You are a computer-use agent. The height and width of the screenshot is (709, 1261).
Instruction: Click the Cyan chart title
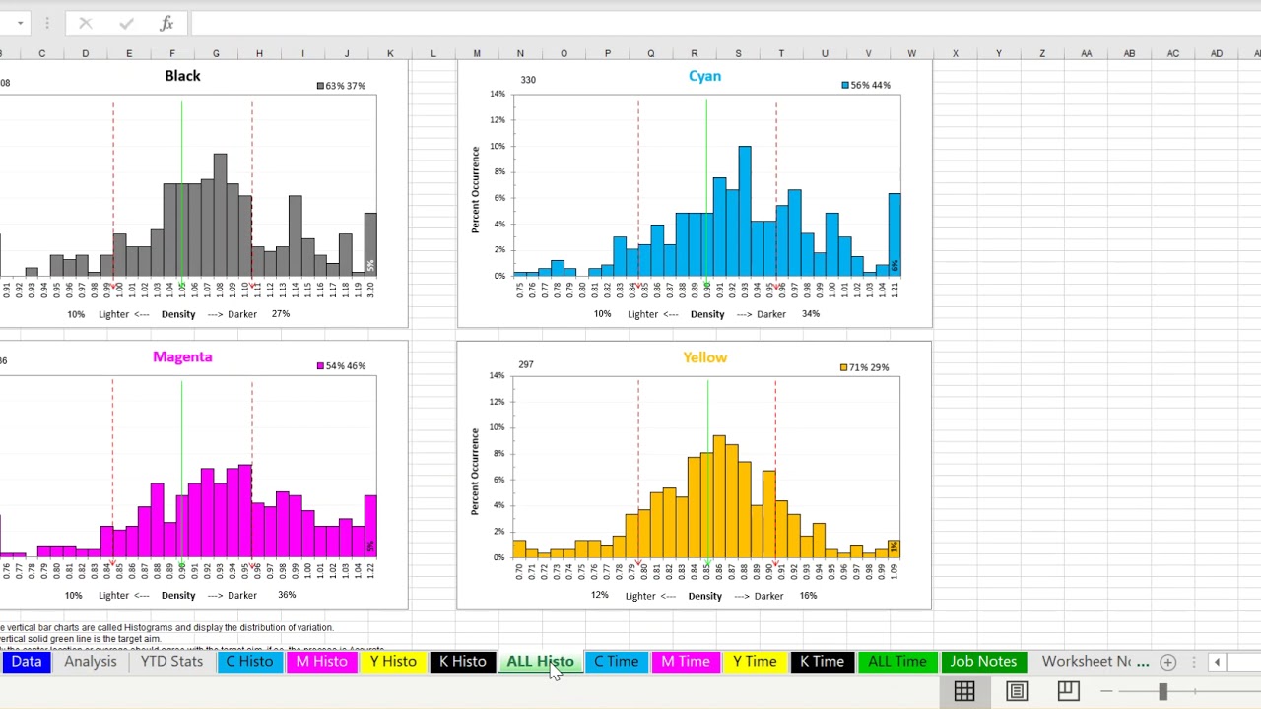click(704, 76)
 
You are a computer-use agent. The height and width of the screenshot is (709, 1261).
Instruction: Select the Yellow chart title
click(704, 357)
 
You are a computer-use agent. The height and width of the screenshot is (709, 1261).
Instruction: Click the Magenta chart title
click(182, 357)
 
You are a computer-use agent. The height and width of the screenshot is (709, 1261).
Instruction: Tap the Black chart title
click(182, 76)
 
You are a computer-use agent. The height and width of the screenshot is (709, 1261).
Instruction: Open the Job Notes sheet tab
click(982, 662)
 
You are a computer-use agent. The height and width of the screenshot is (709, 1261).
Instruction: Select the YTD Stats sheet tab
click(171, 662)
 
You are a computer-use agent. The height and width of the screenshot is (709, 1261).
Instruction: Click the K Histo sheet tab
click(462, 662)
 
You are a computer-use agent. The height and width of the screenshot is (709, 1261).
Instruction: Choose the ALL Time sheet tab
click(896, 662)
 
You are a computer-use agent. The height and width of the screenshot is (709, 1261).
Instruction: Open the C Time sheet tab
click(616, 662)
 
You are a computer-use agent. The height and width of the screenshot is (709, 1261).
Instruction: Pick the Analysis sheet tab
click(91, 662)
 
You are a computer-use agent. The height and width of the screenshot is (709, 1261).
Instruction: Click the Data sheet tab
click(27, 662)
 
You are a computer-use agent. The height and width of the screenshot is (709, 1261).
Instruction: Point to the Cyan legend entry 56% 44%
click(866, 86)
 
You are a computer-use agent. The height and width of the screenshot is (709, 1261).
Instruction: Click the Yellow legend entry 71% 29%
click(864, 367)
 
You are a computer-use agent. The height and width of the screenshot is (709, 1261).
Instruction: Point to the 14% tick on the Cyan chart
click(498, 94)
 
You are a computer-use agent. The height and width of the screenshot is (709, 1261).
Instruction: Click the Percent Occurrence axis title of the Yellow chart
click(475, 471)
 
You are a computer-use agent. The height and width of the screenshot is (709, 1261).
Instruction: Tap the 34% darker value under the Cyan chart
click(810, 314)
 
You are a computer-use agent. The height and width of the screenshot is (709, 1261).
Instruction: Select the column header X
click(955, 53)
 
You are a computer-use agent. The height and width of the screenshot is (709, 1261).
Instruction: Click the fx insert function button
click(166, 23)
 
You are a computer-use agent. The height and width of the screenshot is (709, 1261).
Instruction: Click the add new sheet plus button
click(1167, 662)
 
